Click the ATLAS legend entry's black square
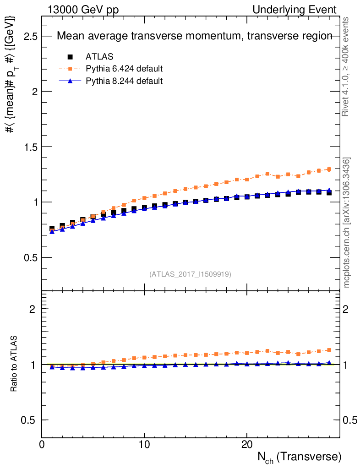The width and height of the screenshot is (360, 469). pos(70,57)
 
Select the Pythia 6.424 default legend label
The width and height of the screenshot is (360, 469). pos(124,69)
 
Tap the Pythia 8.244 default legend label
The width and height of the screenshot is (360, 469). pos(124,81)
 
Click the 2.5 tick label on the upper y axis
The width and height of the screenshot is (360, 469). pos(30,36)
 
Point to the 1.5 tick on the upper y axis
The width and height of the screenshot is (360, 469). pos(30,147)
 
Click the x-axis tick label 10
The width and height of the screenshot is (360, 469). pos(144,445)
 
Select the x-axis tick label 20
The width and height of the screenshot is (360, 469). pos(247,445)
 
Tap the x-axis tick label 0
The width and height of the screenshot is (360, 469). pos(42,445)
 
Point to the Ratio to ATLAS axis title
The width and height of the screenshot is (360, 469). pos(14,364)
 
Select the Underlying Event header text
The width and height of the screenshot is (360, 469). pos(301,10)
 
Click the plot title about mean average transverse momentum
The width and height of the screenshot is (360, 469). pos(194,37)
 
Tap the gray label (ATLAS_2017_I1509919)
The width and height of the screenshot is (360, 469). pos(190,274)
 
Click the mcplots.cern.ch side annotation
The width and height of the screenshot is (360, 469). pos(347,223)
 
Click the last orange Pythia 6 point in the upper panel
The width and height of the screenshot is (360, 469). pos(329,169)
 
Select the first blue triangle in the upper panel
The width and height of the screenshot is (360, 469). pos(52,232)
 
